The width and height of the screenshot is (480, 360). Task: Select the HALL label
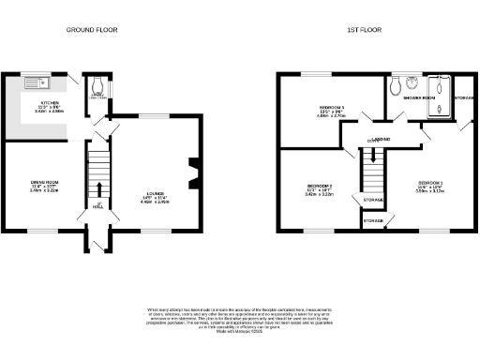(x=98, y=205)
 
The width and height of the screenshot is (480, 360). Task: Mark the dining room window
(x=43, y=230)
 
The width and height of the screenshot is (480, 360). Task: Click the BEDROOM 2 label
(x=320, y=187)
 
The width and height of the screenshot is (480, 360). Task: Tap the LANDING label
(x=380, y=141)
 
